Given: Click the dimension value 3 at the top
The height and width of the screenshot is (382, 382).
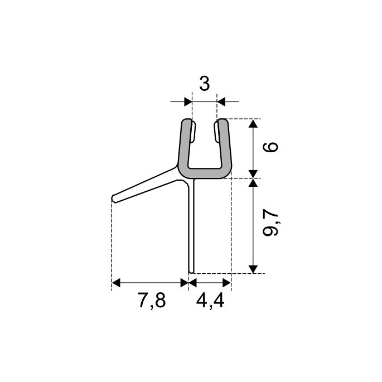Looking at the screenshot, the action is pos(205,84).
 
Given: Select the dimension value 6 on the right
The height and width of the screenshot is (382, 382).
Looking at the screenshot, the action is pos(270,147).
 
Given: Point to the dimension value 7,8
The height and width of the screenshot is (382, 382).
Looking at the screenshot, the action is pos(152,301).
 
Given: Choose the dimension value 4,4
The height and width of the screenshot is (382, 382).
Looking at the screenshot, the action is pos(210,301).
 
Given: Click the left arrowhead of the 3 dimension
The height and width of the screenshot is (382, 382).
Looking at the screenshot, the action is pos(188,101).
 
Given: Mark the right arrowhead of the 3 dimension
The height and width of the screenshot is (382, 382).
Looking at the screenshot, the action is pos(221,101).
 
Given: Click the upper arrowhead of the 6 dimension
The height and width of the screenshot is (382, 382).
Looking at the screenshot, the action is pos(253,123).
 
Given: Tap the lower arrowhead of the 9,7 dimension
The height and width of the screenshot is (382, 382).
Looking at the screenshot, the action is pos(253,269).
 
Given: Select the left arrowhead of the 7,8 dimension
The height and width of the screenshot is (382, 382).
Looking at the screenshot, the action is pos(116,283).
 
